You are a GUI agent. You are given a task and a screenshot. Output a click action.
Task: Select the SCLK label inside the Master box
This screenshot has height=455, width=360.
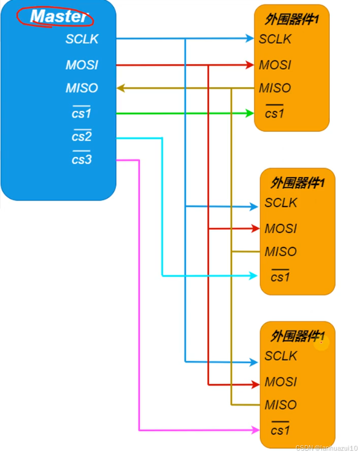pyautogui.click(x=82, y=39)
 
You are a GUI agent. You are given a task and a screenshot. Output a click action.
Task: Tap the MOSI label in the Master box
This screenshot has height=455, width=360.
pyautogui.click(x=82, y=64)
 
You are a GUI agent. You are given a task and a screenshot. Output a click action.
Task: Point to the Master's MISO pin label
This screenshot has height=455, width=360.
pyautogui.click(x=82, y=88)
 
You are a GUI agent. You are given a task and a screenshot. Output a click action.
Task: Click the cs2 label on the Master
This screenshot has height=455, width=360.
pyautogui.click(x=82, y=136)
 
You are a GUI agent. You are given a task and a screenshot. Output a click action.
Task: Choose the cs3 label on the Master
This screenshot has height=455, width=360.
pyautogui.click(x=82, y=160)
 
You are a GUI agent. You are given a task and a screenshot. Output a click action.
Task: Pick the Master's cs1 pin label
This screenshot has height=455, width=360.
pyautogui.click(x=82, y=113)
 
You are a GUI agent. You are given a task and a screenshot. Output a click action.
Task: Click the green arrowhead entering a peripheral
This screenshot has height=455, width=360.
pyautogui.click(x=249, y=113)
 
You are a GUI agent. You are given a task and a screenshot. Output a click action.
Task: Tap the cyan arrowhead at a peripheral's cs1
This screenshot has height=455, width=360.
pyautogui.click(x=253, y=276)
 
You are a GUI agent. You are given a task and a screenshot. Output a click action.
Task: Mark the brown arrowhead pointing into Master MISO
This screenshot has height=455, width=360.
pyautogui.click(x=121, y=88)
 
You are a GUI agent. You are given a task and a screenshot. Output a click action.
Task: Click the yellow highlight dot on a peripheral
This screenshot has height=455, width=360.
pyautogui.click(x=321, y=343)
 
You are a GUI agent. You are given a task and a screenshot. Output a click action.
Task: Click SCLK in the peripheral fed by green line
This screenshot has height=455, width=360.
pyautogui.click(x=275, y=39)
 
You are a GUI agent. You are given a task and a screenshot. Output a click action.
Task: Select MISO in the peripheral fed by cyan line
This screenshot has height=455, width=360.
pyautogui.click(x=280, y=251)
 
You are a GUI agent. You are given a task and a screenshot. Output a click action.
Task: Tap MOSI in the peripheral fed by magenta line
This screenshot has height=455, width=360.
pyautogui.click(x=280, y=381)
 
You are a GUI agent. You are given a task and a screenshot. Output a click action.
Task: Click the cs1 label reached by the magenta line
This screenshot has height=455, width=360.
pyautogui.click(x=280, y=429)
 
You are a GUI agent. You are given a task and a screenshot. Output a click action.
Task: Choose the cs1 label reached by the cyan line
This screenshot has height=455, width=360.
pyautogui.click(x=280, y=277)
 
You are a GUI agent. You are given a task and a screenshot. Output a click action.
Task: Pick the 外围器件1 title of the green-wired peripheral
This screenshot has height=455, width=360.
pyautogui.click(x=292, y=20)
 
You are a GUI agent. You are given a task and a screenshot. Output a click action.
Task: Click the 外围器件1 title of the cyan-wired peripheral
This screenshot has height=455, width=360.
pyautogui.click(x=297, y=182)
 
